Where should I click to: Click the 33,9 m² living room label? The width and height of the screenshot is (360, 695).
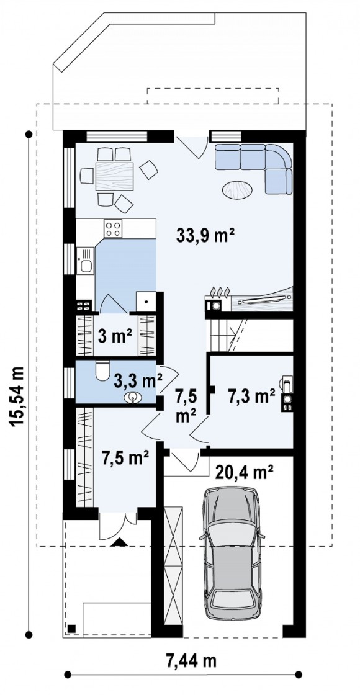click(205, 236)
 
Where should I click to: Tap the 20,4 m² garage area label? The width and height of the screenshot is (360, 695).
click(244, 472)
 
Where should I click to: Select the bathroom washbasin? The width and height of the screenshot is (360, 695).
click(133, 398)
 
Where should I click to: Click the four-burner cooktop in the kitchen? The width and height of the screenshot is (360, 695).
click(112, 229)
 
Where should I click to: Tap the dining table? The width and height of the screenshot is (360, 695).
click(114, 176)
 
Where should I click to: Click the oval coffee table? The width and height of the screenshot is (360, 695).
click(237, 190)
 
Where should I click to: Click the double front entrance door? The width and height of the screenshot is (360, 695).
click(118, 526)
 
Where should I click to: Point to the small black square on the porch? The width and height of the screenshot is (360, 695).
click(71, 628)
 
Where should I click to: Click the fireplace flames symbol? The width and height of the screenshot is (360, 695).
click(220, 292)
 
